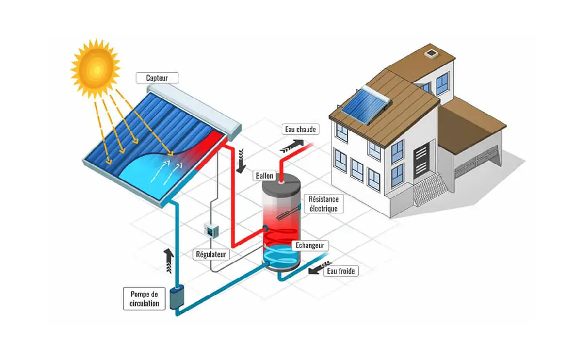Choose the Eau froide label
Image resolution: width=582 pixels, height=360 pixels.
point(341,271)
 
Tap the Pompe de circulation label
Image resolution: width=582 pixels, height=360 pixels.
point(145,298)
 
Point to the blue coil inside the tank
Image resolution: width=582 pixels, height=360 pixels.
point(281,254)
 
